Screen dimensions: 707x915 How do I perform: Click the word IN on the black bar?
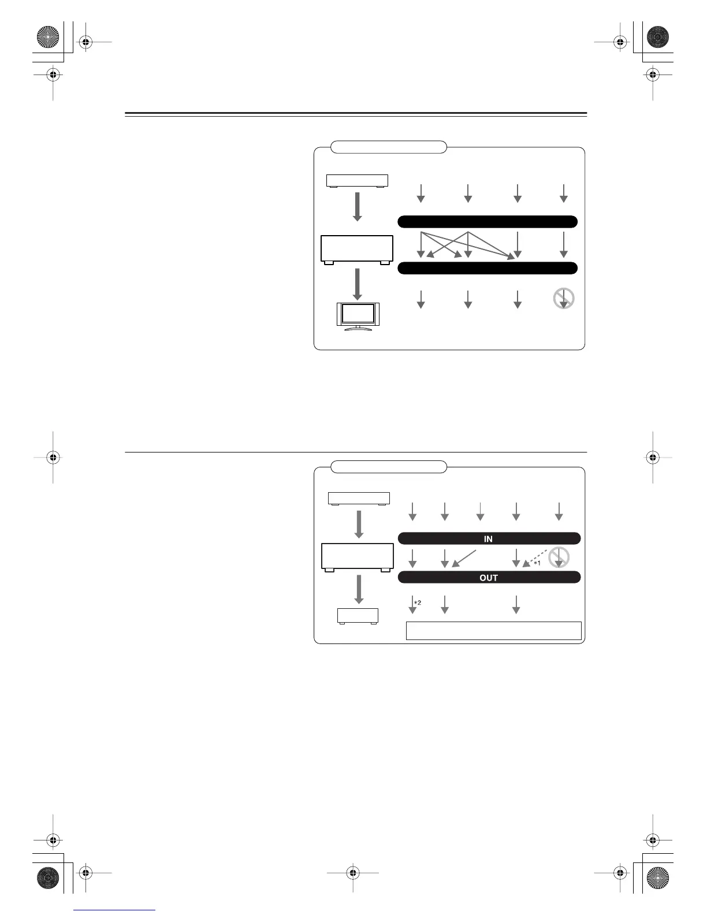click(x=488, y=539)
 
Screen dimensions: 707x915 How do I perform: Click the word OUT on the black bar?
click(x=488, y=578)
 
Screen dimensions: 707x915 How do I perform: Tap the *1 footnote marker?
click(x=537, y=563)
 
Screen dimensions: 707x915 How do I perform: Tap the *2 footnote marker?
click(x=418, y=603)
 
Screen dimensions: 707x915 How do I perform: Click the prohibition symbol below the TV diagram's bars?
click(x=564, y=298)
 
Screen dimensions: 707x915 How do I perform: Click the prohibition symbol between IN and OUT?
click(x=559, y=557)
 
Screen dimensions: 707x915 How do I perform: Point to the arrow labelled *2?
click(x=412, y=604)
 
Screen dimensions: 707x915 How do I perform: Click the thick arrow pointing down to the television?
click(x=358, y=284)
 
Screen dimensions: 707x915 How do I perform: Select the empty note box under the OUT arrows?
click(x=493, y=631)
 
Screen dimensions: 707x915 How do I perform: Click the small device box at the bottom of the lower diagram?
click(x=358, y=616)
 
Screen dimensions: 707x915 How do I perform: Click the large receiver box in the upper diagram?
click(x=357, y=249)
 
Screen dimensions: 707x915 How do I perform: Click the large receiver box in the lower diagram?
click(x=358, y=557)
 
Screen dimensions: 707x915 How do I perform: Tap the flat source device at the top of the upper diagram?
click(x=357, y=181)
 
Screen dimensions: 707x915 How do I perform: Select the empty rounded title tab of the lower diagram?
click(x=389, y=467)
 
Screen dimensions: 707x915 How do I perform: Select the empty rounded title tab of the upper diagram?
click(x=389, y=147)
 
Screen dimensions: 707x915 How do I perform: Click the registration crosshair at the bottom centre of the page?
click(x=352, y=873)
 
